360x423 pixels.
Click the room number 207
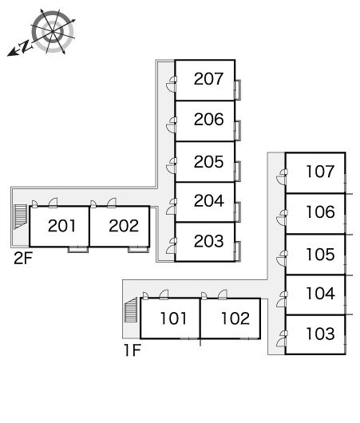click(x=208, y=79)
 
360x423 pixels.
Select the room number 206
click(x=208, y=119)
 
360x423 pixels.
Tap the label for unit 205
click(x=208, y=162)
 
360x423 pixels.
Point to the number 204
click(x=209, y=200)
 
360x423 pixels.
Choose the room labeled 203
click(x=208, y=241)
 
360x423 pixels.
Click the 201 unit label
click(x=61, y=226)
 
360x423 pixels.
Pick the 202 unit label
click(x=124, y=226)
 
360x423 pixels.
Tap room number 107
click(x=320, y=172)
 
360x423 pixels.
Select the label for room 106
click(x=320, y=212)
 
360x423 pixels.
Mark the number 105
click(x=320, y=255)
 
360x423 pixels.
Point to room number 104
click(x=321, y=294)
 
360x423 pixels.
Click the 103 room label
click(x=320, y=334)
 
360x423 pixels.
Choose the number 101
click(x=173, y=318)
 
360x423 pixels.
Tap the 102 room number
click(x=235, y=318)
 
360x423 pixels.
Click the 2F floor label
click(x=23, y=258)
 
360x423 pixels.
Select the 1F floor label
click(x=133, y=350)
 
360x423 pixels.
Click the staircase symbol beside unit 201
click(x=21, y=217)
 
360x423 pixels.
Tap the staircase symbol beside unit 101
click(x=131, y=310)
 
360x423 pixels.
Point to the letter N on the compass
click(x=26, y=46)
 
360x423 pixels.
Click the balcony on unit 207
click(x=238, y=90)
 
